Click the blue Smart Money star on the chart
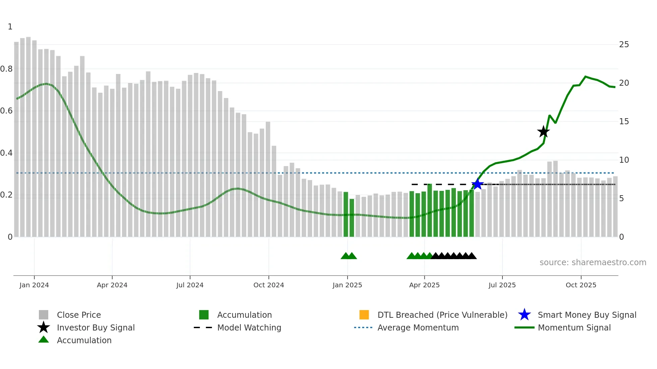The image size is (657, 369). coord(477,184)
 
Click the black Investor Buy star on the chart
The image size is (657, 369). coord(543,132)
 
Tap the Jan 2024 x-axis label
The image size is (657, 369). coord(34,285)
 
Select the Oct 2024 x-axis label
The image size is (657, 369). coord(268,285)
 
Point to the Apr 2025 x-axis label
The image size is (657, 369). coord(424,285)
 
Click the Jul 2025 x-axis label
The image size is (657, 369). coord(502,285)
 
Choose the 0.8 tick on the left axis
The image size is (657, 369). coord(6,69)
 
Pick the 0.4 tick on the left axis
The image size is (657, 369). coord(6,153)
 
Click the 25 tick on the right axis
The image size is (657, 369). coord(624,45)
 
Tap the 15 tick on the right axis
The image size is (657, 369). coord(624,122)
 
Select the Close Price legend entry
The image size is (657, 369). coord(79,315)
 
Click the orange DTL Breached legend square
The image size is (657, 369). coord(364,315)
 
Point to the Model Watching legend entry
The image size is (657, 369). coord(249,327)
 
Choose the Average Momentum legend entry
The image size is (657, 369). coord(418,327)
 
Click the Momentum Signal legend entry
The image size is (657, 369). coord(574,327)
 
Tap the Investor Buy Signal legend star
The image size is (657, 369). coord(44,327)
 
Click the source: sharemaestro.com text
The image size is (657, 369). coord(593,263)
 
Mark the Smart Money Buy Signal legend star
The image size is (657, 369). coord(524,315)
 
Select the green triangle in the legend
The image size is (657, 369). coord(44,340)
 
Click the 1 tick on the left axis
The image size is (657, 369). coord(10,27)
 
